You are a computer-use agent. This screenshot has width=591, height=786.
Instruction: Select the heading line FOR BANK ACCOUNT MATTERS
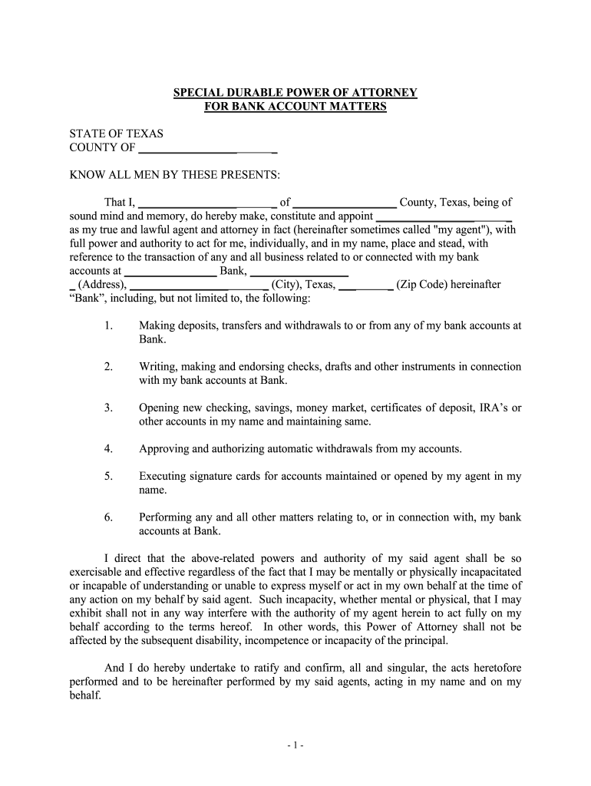click(x=295, y=107)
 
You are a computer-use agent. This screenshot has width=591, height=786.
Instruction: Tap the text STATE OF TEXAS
click(x=116, y=134)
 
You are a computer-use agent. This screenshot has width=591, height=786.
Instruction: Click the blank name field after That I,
click(x=206, y=203)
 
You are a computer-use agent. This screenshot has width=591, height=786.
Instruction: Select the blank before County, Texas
click(x=345, y=203)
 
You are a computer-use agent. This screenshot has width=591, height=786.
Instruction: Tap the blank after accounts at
click(x=170, y=271)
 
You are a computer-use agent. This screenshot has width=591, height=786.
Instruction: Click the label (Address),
click(x=97, y=285)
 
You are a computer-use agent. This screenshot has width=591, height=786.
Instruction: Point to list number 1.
click(x=108, y=325)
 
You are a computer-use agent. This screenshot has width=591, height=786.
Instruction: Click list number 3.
click(x=108, y=408)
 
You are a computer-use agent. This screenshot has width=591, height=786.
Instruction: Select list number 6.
click(x=108, y=518)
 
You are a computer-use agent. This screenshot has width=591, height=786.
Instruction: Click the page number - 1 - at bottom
click(x=295, y=745)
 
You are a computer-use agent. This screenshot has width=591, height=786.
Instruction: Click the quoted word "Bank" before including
click(x=85, y=298)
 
